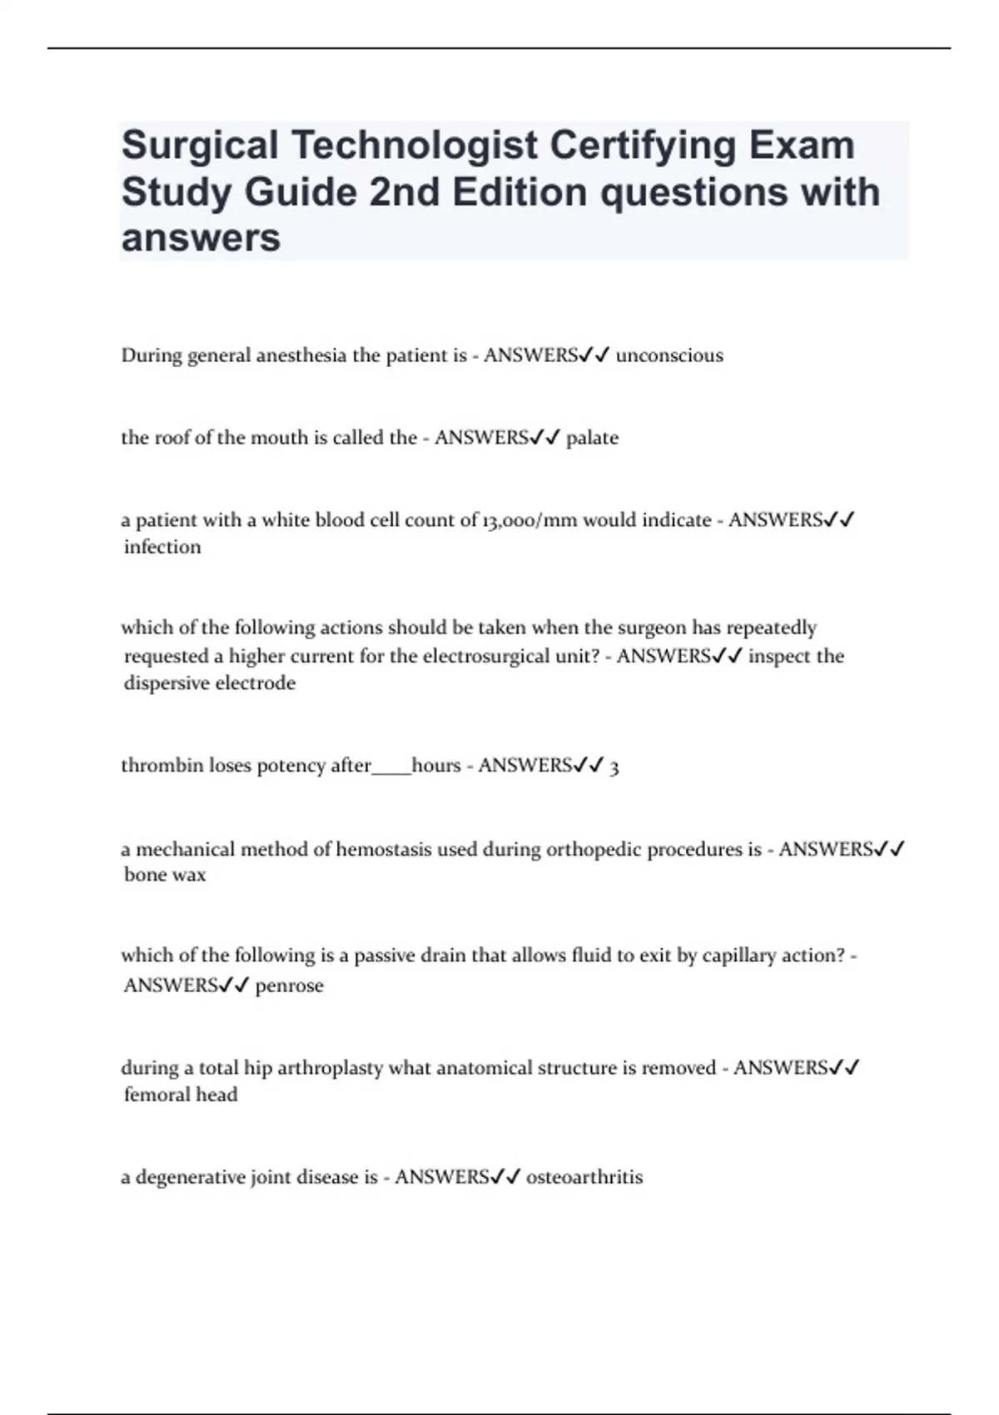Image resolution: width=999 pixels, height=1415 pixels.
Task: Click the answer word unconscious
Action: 669,355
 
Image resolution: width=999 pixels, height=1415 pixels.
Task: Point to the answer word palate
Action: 592,438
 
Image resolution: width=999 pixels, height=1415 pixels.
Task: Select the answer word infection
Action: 162,547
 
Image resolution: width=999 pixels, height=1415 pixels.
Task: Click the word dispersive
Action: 166,683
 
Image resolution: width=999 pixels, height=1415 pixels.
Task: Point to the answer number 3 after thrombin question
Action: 614,767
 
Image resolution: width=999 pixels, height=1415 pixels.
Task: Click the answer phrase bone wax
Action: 165,875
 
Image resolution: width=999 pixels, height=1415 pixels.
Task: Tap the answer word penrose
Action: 289,986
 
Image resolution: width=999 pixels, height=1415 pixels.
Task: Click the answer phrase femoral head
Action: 181,1095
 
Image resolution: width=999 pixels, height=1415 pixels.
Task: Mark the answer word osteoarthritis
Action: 584,1178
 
